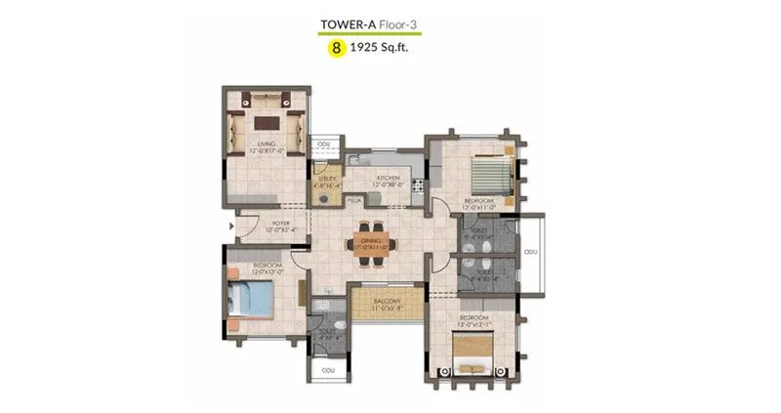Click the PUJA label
(x=356, y=200)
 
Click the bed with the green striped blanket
(x=490, y=176)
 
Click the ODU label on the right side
(x=530, y=253)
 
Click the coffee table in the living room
(x=265, y=124)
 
